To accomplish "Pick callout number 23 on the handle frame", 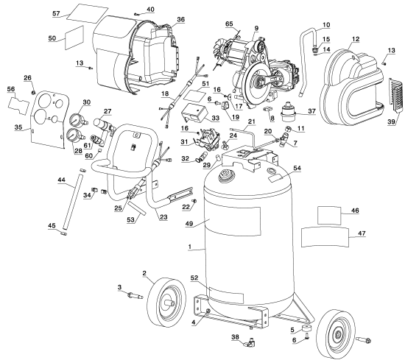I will (161, 216).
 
